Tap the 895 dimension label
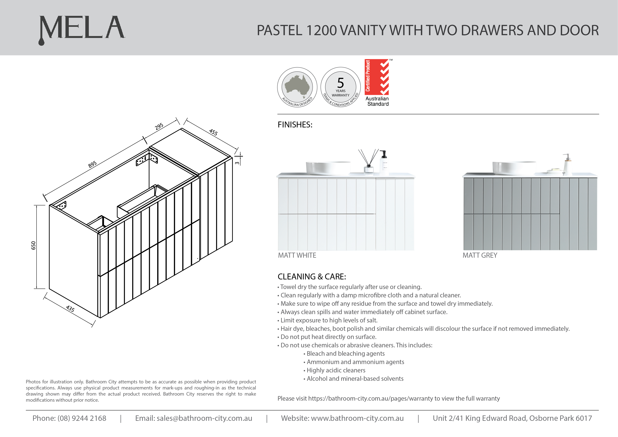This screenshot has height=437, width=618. tap(92, 164)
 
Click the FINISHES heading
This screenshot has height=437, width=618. tap(295, 125)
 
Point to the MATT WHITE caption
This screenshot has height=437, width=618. tap(297, 255)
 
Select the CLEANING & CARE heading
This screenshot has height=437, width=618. tap(312, 277)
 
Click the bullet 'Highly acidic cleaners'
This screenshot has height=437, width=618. tap(336, 370)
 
